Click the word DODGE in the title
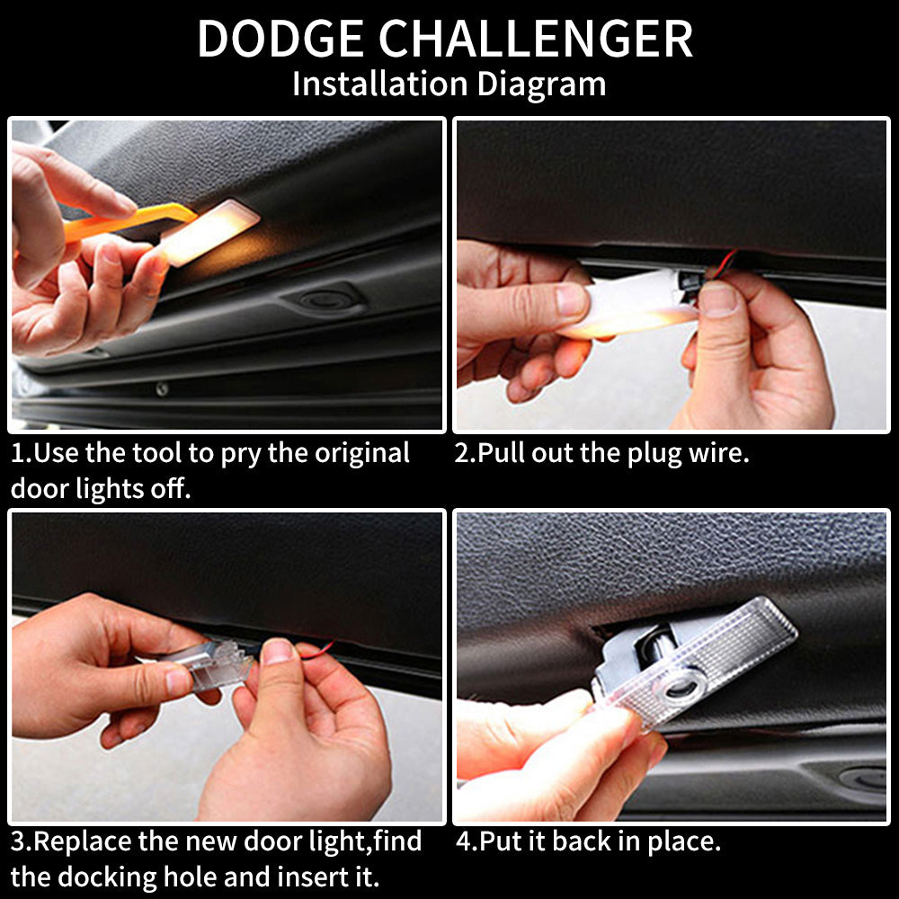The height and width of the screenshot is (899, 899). point(280,39)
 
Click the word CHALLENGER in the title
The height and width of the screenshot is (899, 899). point(536,39)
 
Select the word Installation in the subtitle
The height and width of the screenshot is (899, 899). point(380,83)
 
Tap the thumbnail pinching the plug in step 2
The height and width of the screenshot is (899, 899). point(717,298)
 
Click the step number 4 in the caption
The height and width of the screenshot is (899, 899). point(464,841)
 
